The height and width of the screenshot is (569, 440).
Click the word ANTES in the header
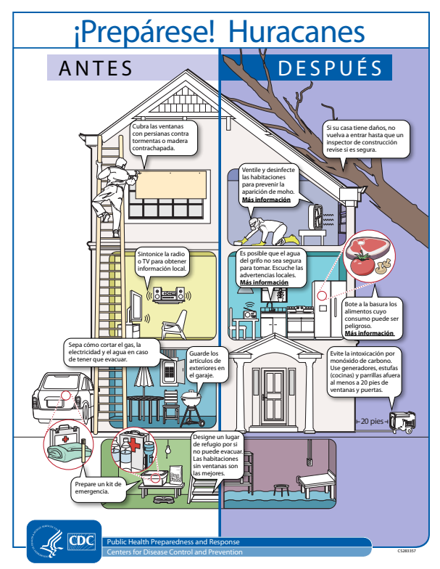[x=96, y=68]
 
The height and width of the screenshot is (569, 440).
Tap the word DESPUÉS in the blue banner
[x=331, y=67]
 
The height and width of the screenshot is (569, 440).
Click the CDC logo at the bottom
[x=82, y=542]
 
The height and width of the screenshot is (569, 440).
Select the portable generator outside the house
[x=402, y=422]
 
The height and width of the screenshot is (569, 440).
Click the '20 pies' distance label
[x=372, y=421]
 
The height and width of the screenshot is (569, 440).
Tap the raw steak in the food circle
[x=367, y=247]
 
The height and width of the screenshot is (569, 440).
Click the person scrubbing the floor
[x=268, y=231]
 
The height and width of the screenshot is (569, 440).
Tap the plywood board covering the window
[x=171, y=185]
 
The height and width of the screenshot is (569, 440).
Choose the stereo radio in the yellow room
[x=168, y=295]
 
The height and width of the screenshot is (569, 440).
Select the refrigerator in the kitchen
[x=329, y=309]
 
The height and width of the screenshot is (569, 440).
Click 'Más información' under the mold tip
[x=266, y=200]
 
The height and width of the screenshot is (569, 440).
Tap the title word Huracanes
[x=296, y=32]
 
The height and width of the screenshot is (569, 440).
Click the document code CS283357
[x=406, y=551]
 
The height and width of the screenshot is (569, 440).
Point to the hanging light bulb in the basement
[x=167, y=448]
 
